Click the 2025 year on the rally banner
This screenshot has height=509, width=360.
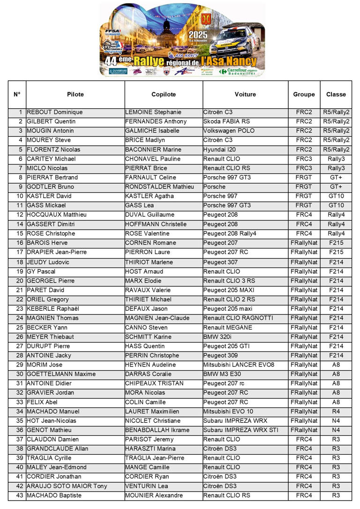click(198, 34)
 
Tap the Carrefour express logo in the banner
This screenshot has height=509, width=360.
click(238, 71)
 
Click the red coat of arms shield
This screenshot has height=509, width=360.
click(205, 19)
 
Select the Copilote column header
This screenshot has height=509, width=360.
click(164, 94)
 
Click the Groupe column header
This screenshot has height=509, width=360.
click(304, 94)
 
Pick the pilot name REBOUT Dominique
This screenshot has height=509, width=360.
click(55, 112)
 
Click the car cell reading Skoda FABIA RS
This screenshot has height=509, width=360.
click(227, 121)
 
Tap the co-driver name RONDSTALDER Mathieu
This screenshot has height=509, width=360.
click(159, 187)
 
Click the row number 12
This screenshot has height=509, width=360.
click(20, 215)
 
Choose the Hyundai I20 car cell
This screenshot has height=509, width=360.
click(220, 150)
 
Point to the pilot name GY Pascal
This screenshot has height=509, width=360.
click(41, 271)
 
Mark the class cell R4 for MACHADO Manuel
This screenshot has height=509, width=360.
click(336, 412)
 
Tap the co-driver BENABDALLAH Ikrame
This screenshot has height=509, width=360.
click(157, 430)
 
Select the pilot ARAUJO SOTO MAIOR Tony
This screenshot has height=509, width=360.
click(67, 486)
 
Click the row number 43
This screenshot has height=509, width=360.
click(20, 495)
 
